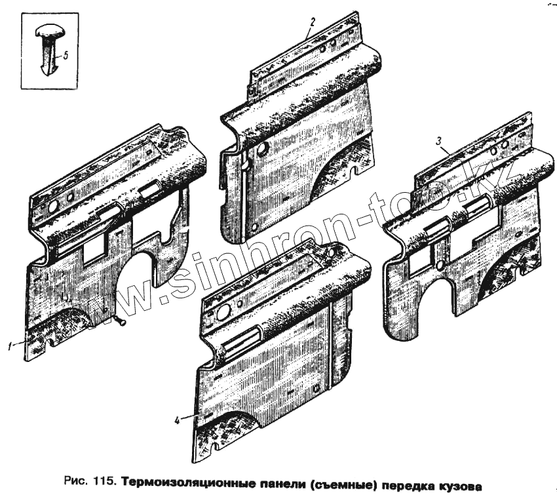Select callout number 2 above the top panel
[x=313, y=22]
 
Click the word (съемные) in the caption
[x=341, y=486]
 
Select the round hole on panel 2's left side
[x=262, y=149]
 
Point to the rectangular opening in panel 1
[x=96, y=245]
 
